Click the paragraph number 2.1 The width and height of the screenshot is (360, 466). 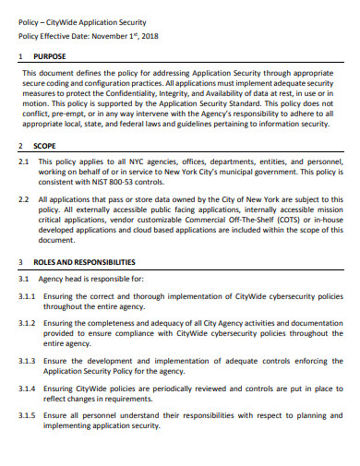point(25,161)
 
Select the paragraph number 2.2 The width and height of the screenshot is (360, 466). point(25,198)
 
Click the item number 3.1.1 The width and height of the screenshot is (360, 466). point(28,296)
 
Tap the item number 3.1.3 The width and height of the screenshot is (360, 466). point(28,362)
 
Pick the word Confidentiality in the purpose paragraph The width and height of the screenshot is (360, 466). point(153,92)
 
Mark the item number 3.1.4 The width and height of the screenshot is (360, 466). point(28,389)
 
